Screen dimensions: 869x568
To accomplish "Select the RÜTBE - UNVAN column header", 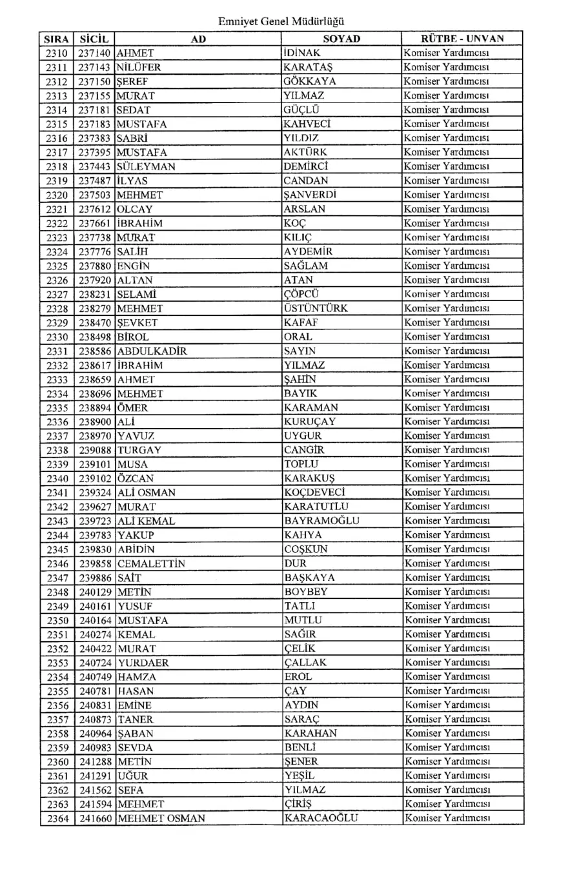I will [x=462, y=39].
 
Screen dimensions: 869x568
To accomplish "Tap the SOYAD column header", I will [x=341, y=39].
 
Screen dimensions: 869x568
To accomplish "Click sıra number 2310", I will [x=56, y=53].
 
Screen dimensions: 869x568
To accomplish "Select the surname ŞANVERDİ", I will [x=312, y=194].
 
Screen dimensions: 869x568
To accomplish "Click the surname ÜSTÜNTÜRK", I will [x=316, y=308].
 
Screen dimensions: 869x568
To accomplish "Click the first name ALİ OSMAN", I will [x=147, y=492].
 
